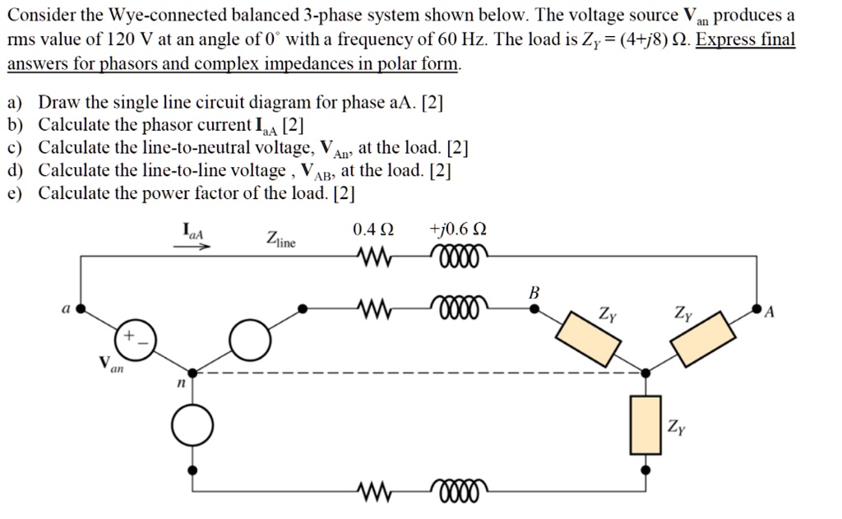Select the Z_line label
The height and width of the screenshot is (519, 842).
tap(280, 239)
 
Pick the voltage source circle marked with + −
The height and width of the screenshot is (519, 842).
tap(132, 340)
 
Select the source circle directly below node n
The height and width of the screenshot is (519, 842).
tap(192, 424)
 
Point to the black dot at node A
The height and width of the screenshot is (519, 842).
tap(756, 310)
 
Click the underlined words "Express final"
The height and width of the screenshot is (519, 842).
tap(745, 39)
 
